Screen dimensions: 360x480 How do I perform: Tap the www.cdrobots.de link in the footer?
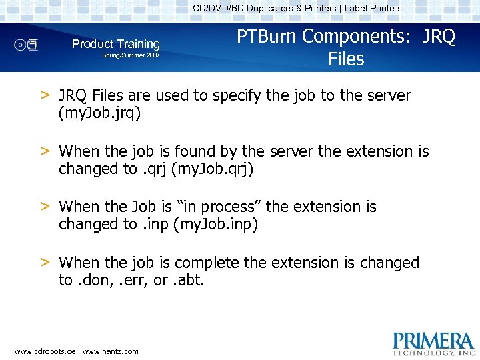point(44,351)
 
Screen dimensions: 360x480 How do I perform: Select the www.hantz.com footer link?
point(111,351)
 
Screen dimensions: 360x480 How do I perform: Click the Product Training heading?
point(116,44)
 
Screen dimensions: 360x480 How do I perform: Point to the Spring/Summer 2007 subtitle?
point(131,55)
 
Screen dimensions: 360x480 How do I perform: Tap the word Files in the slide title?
point(346,59)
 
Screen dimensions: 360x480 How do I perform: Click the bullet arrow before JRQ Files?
point(45,95)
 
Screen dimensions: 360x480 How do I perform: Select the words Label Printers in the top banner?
point(373,9)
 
